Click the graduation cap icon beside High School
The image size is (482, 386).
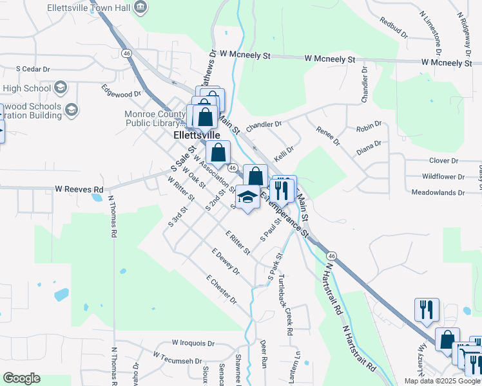[60, 87]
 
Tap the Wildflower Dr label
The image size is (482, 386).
[443, 176]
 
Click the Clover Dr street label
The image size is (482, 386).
[443, 160]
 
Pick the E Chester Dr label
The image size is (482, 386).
[222, 290]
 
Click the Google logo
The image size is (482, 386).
[21, 378]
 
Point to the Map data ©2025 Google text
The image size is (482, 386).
[441, 381]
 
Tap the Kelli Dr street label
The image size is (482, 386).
[284, 155]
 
